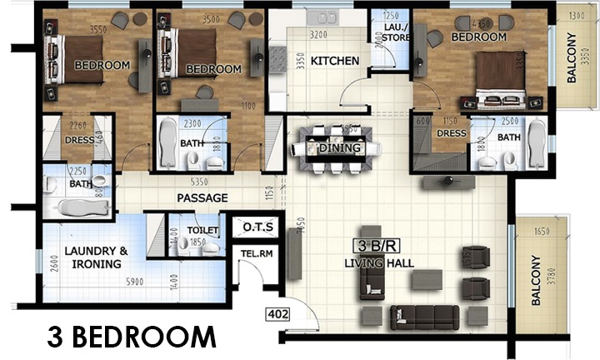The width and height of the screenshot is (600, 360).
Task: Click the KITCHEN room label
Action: coord(334,61)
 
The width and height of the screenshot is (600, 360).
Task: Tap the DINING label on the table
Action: coord(339,148)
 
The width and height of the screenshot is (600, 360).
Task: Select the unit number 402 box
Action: coord(277,314)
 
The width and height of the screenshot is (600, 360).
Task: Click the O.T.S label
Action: coord(253,227)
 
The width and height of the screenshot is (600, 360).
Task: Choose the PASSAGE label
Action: coord(202,198)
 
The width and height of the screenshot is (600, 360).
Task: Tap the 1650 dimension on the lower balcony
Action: coord(542,231)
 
